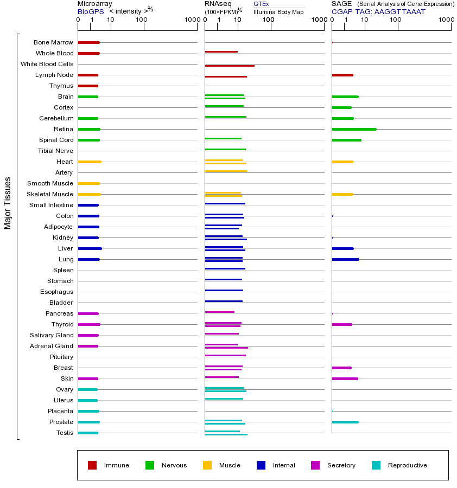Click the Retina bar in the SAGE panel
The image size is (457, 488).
click(x=354, y=129)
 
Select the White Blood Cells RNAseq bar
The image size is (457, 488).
click(x=229, y=66)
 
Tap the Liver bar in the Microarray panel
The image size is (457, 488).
click(x=90, y=248)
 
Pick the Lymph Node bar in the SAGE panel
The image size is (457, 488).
click(x=342, y=75)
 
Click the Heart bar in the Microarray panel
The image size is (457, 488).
click(x=89, y=162)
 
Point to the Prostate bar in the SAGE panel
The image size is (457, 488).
click(x=345, y=422)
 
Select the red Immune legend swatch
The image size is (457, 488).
click(x=92, y=465)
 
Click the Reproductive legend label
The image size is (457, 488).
click(x=407, y=465)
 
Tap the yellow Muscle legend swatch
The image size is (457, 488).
click(x=207, y=465)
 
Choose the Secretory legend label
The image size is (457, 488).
click(x=341, y=465)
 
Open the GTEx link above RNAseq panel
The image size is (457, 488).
click(x=261, y=4)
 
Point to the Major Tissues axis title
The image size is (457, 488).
click(x=8, y=203)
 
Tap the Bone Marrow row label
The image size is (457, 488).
click(x=53, y=42)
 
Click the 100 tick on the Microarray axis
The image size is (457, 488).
click(x=142, y=21)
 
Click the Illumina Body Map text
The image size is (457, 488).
click(x=278, y=12)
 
